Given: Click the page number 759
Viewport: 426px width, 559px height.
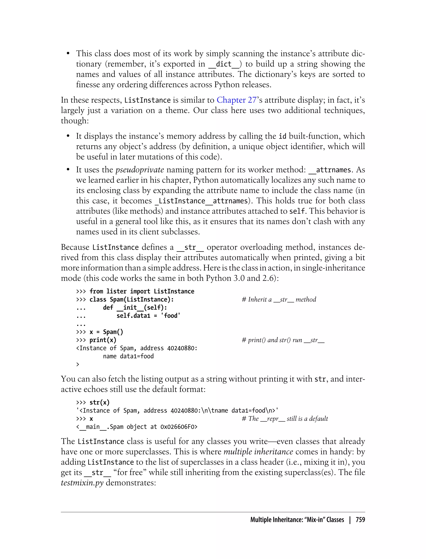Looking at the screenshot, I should tap(360, 520).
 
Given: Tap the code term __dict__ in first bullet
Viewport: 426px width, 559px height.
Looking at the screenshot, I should tap(223, 64).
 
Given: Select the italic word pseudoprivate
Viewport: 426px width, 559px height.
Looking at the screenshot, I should tap(139, 170).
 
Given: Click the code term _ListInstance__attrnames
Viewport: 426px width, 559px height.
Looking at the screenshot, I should tap(201, 201).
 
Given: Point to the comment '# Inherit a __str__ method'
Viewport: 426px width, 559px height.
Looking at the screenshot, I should tap(279, 299).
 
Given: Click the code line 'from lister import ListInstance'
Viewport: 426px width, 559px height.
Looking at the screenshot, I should tap(142, 291).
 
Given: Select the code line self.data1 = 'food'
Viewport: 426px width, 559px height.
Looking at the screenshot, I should tap(148, 316).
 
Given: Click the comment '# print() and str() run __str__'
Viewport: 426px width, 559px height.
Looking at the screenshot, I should tap(283, 340).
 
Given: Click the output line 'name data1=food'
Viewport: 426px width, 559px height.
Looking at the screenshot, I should tap(128, 356).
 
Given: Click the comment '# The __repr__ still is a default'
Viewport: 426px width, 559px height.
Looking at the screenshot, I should tap(285, 419).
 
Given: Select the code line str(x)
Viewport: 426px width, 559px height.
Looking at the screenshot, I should tap(99, 402).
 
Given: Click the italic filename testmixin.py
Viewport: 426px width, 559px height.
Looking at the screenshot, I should tap(82, 483).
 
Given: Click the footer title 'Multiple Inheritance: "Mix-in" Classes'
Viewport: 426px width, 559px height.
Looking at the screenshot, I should tap(297, 520).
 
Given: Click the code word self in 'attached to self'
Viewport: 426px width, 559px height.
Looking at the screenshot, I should tap(296, 211).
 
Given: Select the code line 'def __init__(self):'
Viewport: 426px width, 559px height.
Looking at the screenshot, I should tap(135, 308).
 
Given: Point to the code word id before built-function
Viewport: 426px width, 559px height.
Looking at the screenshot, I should tap(282, 136).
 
